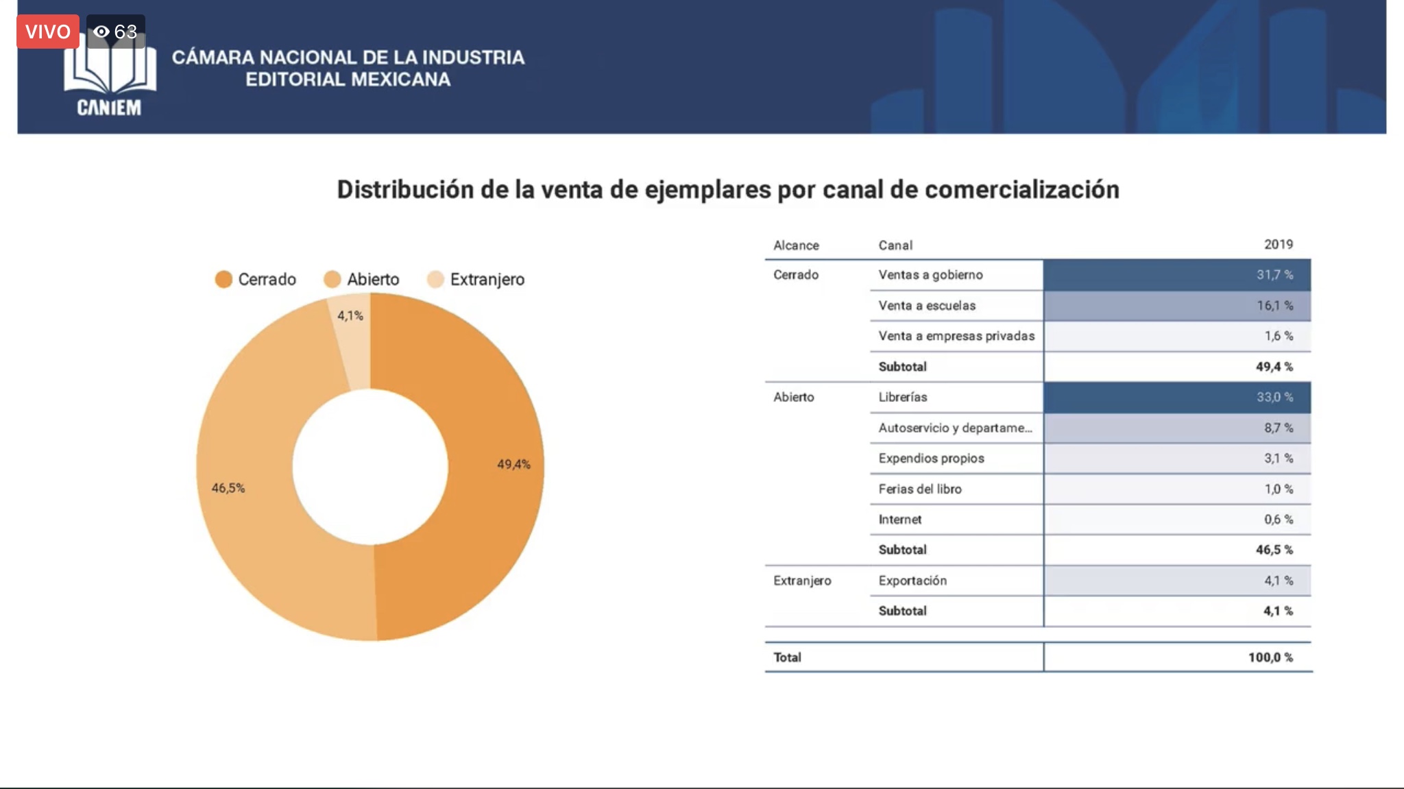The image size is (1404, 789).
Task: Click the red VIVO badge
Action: click(x=48, y=32)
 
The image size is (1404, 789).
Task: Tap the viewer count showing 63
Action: click(x=116, y=32)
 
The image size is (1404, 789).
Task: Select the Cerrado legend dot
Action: click(x=223, y=280)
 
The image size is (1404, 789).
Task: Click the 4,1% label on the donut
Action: click(x=350, y=316)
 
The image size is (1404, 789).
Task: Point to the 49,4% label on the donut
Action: click(x=513, y=465)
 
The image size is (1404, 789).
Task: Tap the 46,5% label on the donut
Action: click(x=228, y=488)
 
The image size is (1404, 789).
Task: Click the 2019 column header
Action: click(x=1278, y=245)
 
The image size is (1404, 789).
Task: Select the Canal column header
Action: click(x=895, y=245)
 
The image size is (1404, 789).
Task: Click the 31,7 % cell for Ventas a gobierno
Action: click(x=1274, y=275)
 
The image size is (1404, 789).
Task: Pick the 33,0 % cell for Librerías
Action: click(x=1274, y=398)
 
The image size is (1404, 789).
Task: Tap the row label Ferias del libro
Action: click(x=920, y=489)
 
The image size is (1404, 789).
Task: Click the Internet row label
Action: click(x=900, y=520)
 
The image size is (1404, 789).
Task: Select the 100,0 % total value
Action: click(x=1270, y=657)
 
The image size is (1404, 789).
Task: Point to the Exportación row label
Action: click(x=912, y=581)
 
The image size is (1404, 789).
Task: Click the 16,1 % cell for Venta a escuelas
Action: click(x=1274, y=306)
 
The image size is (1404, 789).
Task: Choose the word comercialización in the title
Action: click(x=1021, y=190)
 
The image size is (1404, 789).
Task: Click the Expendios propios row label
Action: click(x=931, y=459)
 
